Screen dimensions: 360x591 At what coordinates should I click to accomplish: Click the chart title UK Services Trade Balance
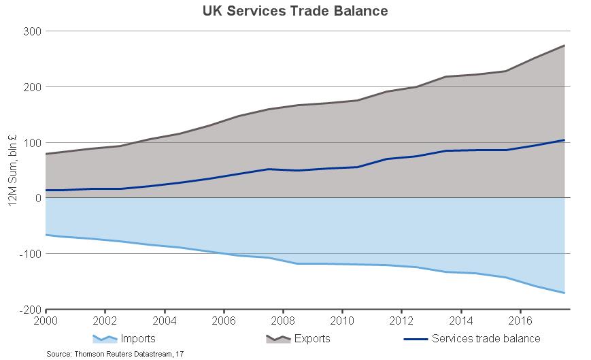(x=295, y=12)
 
